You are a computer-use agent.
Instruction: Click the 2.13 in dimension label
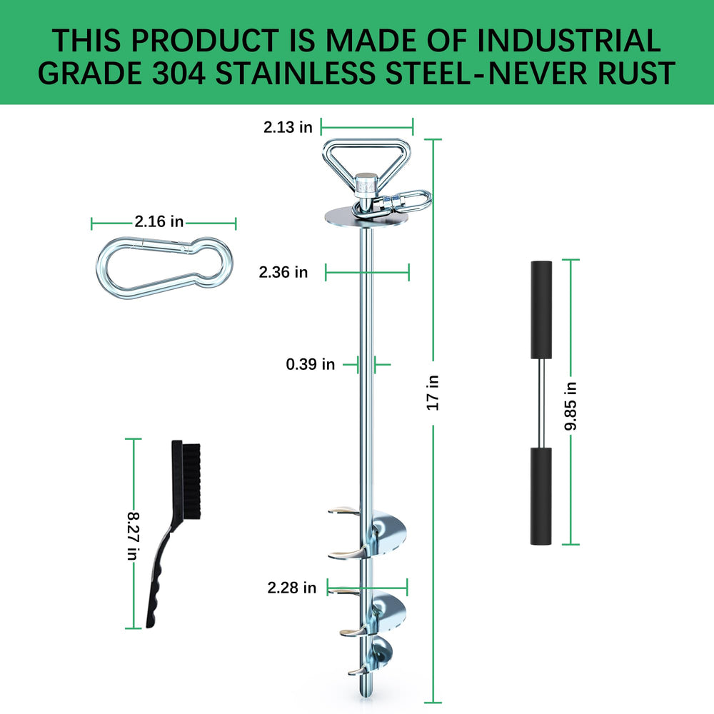[288, 127]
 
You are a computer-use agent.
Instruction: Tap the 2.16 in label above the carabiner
[159, 221]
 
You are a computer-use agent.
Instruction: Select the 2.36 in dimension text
[283, 272]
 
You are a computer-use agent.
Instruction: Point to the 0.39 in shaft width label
[310, 364]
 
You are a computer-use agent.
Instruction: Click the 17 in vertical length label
[433, 393]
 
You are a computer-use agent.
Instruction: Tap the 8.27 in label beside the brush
[134, 536]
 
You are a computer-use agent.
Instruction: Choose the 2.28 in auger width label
[291, 588]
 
